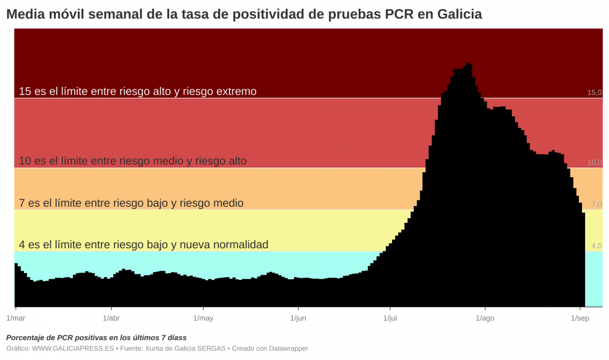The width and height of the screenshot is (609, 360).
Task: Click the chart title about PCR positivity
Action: pos(244,14)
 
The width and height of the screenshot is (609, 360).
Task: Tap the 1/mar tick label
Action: pos(15,318)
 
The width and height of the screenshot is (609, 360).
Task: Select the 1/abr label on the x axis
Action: pos(111,318)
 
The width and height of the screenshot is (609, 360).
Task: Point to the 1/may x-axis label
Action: pos(203,318)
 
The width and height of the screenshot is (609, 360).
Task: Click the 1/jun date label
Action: pos(298,318)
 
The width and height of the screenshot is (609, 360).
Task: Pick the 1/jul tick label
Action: pos(390,318)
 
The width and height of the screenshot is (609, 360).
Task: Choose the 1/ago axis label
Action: pos(485,318)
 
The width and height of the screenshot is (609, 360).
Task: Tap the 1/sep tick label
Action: pos(580,318)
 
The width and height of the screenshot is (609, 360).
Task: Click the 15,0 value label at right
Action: pos(594,92)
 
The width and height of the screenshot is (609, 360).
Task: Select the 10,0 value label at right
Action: pos(594,162)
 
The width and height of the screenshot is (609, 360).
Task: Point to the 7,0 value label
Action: pos(596,204)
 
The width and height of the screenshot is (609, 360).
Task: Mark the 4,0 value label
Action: pos(596,246)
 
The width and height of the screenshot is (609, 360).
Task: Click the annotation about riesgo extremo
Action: pos(138,91)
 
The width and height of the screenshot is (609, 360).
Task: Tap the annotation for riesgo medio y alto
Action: pos(133,161)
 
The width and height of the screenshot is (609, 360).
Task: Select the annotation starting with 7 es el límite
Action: pos(131,203)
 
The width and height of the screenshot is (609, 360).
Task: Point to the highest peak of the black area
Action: pos(468,64)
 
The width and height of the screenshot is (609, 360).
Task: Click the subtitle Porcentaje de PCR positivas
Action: pos(97,338)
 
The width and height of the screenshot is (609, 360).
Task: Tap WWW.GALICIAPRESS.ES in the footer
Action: pos(73,348)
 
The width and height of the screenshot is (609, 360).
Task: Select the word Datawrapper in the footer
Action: pos(289,348)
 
